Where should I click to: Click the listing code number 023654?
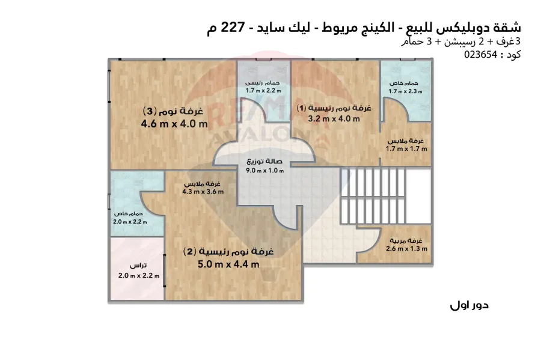(x=481, y=55)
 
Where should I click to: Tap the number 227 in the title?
(x=233, y=27)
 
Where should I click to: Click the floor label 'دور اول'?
(x=469, y=305)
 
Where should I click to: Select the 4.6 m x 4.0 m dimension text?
(x=174, y=124)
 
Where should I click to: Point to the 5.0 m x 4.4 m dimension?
(x=228, y=264)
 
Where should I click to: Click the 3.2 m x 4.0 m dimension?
(x=334, y=119)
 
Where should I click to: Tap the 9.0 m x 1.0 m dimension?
(x=264, y=170)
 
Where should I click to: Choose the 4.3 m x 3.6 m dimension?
(x=203, y=192)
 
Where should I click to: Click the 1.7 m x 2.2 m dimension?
(x=263, y=91)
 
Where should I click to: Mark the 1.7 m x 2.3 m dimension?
(x=405, y=91)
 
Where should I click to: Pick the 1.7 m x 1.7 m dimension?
(x=406, y=149)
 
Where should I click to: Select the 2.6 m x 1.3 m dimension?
(x=406, y=249)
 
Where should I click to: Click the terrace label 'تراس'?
(x=138, y=266)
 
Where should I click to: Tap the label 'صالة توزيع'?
(x=264, y=162)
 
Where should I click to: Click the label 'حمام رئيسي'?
(x=263, y=83)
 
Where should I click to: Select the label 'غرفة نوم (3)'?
(x=173, y=111)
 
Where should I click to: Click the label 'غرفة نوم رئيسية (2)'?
(x=228, y=251)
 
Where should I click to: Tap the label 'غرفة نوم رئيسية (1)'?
(x=334, y=108)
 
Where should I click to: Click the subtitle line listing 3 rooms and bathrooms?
(x=460, y=41)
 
